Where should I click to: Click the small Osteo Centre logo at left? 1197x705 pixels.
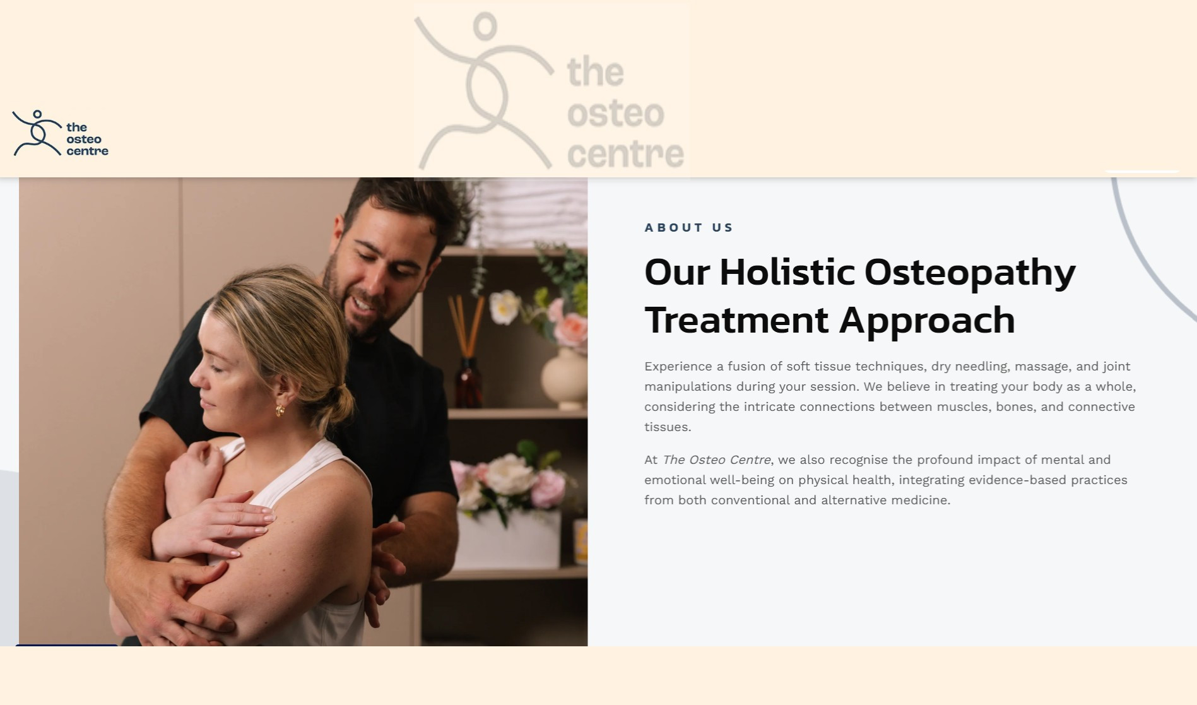60,133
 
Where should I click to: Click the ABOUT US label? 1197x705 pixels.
688,227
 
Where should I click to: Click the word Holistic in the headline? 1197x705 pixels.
787,272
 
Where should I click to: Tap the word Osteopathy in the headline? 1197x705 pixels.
970,273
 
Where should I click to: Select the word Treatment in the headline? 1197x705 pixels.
736,320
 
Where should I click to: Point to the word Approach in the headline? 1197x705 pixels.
927,321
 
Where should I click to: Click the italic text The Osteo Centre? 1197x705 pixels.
717,459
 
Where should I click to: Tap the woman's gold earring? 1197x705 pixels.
280,411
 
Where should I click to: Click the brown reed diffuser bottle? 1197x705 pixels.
468,382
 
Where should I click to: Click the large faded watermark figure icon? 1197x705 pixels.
485,92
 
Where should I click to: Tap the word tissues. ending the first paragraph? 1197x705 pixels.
668,427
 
